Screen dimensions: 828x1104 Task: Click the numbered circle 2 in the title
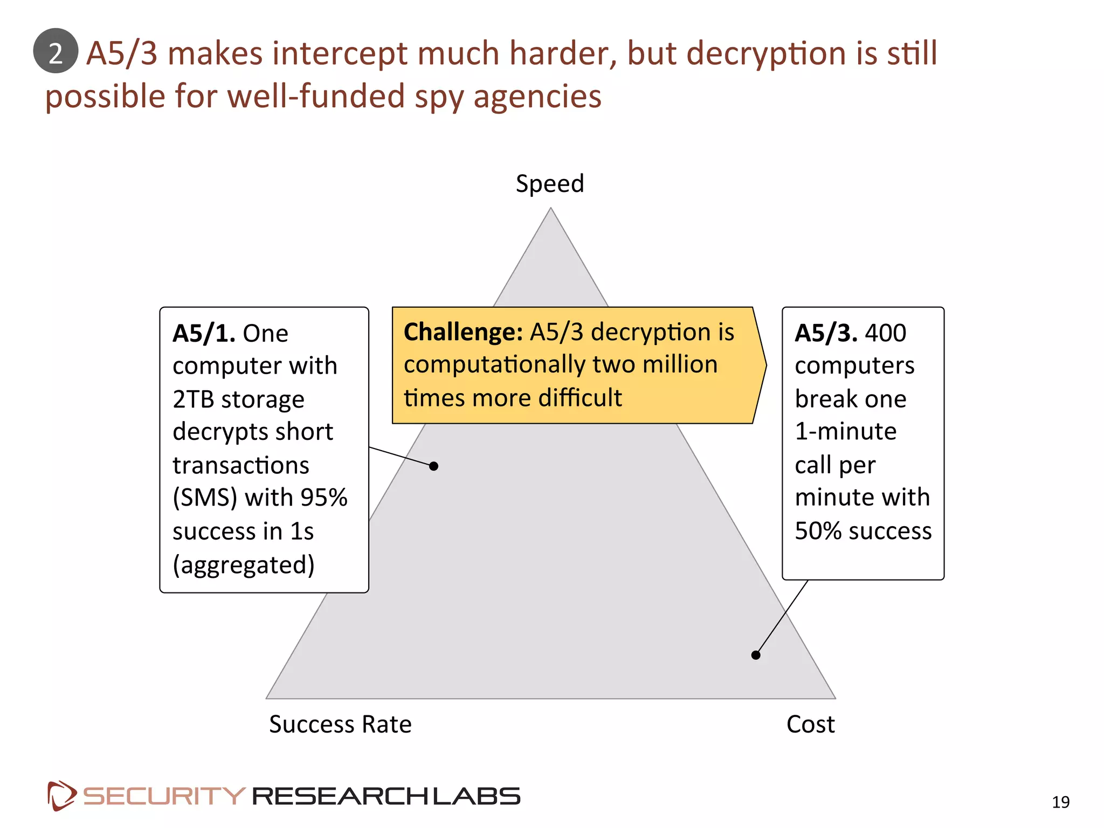click(56, 51)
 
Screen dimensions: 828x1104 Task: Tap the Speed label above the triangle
click(549, 184)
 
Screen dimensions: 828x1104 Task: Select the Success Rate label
click(340, 724)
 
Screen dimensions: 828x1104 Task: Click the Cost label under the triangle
click(810, 724)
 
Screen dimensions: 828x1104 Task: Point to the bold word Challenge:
click(463, 332)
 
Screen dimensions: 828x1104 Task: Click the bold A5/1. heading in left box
click(204, 333)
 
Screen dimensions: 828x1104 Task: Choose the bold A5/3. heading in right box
click(826, 333)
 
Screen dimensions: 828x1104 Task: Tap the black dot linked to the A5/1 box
click(434, 466)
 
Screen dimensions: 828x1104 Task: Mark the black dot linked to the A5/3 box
click(756, 655)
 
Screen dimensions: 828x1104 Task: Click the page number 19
click(1060, 802)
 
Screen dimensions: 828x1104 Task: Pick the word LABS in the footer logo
click(477, 796)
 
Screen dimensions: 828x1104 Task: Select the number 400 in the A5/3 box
click(885, 333)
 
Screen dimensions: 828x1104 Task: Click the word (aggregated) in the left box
click(244, 565)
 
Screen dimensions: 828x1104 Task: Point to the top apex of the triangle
click(550, 209)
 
